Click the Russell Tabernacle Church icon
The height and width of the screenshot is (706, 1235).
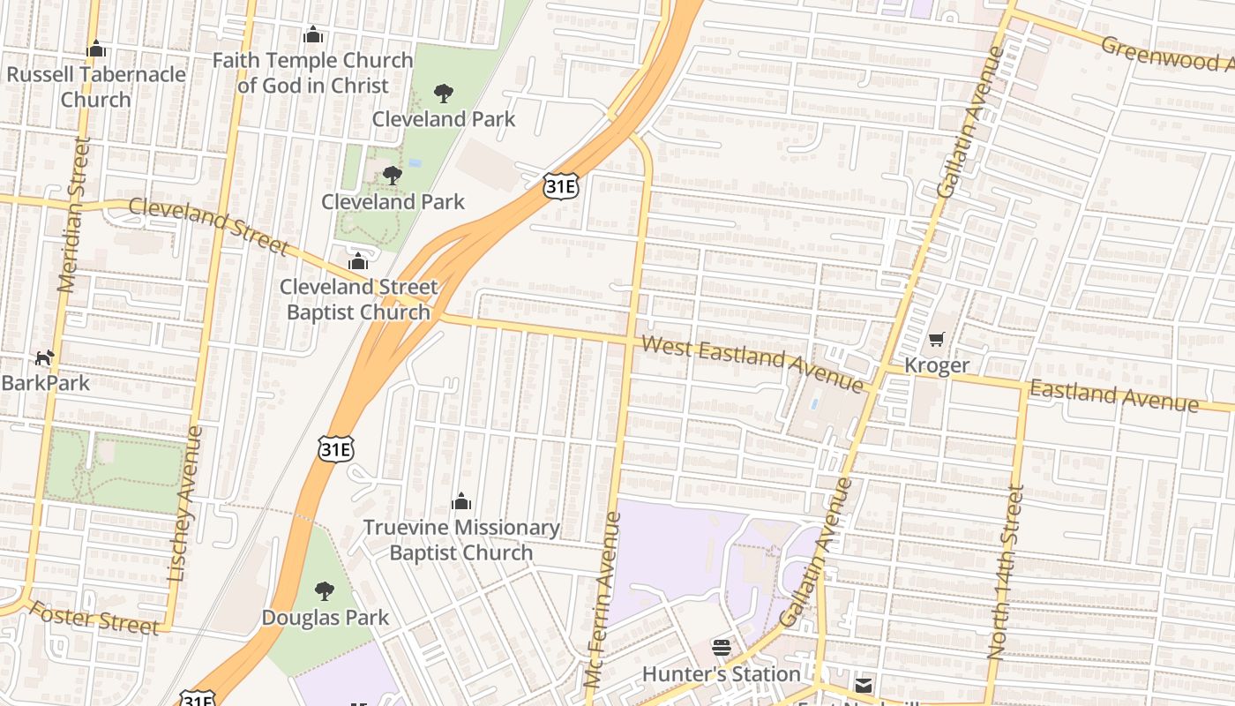click(x=96, y=49)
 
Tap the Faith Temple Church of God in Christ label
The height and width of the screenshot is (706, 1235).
click(x=313, y=73)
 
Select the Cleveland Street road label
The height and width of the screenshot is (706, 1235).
click(x=209, y=226)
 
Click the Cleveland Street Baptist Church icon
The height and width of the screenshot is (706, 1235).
click(x=357, y=261)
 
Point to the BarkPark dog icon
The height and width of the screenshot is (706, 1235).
click(x=44, y=357)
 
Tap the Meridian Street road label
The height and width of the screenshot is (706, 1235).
click(x=73, y=214)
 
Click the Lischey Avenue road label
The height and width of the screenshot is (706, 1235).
click(x=185, y=504)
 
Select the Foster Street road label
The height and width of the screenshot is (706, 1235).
click(x=94, y=617)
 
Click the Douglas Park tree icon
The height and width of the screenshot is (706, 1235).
click(x=325, y=591)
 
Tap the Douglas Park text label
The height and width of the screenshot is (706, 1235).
click(x=325, y=618)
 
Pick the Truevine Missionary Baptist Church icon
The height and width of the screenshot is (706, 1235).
click(x=461, y=502)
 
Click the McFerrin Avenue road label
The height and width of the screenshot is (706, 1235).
click(x=603, y=600)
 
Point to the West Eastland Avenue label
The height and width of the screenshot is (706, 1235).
click(x=752, y=362)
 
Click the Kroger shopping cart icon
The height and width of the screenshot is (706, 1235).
click(x=936, y=340)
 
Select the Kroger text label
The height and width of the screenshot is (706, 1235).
click(x=936, y=365)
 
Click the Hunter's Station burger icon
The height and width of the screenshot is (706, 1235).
click(x=721, y=649)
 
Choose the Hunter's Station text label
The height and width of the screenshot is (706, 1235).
click(x=721, y=674)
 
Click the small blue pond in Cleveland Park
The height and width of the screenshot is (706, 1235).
click(x=415, y=163)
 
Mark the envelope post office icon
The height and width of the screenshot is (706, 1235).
click(x=863, y=685)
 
